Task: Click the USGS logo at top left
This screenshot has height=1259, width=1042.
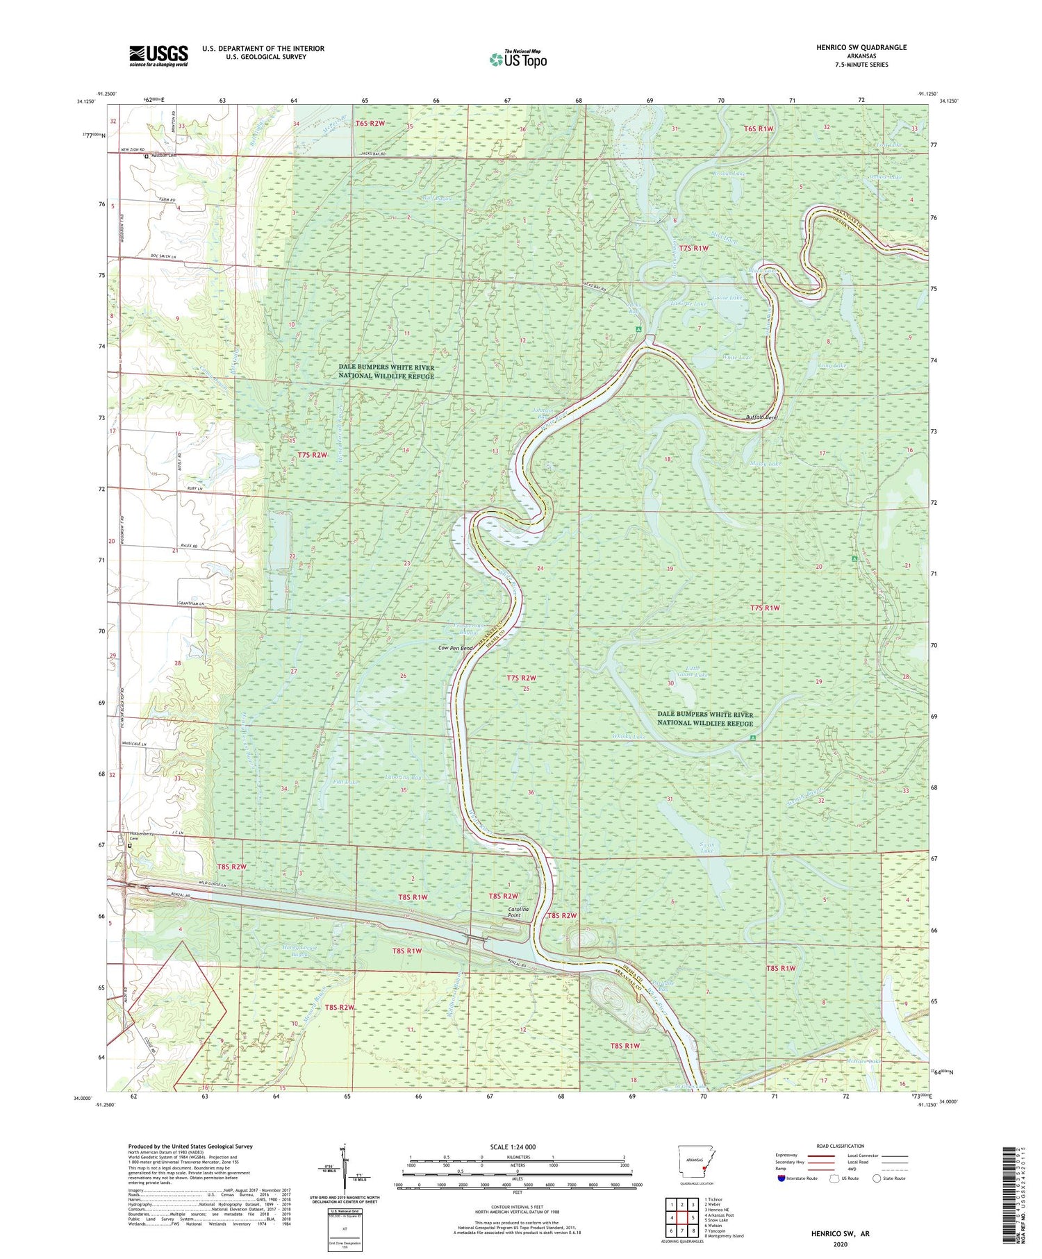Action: point(158,56)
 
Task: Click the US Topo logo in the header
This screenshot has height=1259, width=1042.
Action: point(518,60)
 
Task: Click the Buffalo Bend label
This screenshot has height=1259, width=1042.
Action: point(761,418)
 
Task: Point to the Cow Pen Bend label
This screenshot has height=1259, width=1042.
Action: point(456,648)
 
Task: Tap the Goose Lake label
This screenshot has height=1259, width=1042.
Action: point(727,297)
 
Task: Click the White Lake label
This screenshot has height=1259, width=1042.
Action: point(736,357)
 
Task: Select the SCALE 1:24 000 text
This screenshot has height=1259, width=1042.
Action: point(517,1147)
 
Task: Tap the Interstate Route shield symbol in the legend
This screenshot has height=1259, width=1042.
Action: point(781,1178)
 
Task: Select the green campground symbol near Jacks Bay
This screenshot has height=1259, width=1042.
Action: point(638,330)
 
